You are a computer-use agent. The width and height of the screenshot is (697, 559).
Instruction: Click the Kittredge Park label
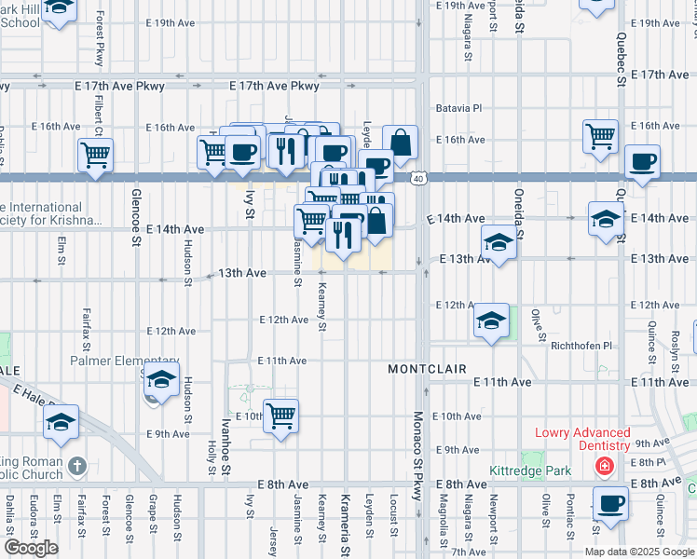click(x=531, y=471)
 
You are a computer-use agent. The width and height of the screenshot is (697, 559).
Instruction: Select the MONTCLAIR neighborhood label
click(x=427, y=370)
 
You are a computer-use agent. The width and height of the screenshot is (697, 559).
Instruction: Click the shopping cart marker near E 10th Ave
click(x=280, y=416)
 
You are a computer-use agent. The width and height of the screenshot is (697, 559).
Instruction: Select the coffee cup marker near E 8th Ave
click(x=611, y=503)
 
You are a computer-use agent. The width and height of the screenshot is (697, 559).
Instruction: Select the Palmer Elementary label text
click(x=125, y=361)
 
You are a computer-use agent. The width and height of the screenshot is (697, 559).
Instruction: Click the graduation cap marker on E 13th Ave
click(x=499, y=243)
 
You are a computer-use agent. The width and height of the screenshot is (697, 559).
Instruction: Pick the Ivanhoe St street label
click(x=225, y=445)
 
